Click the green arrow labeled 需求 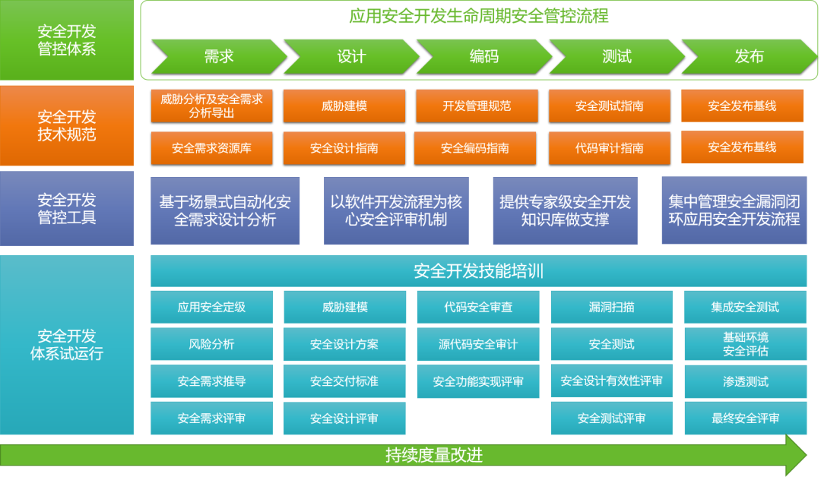tap(218, 57)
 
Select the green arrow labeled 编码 tap(483, 57)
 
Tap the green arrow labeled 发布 tap(748, 57)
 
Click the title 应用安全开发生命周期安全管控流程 tap(479, 16)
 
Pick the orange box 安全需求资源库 tap(211, 148)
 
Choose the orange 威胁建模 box tap(344, 106)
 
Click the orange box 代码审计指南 tap(610, 148)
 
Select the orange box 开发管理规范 tap(477, 106)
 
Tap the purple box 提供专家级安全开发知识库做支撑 tap(565, 211)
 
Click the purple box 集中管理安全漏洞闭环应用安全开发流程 tap(734, 210)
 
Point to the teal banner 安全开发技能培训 tap(478, 271)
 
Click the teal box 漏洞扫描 tap(611, 307)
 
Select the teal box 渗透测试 tap(745, 381)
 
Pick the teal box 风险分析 tap(211, 344)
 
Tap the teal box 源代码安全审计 tap(477, 344)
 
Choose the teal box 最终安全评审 tap(745, 419)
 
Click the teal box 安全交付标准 tap(344, 381)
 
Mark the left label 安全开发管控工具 tap(67, 209)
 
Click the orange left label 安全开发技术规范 tap(67, 126)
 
